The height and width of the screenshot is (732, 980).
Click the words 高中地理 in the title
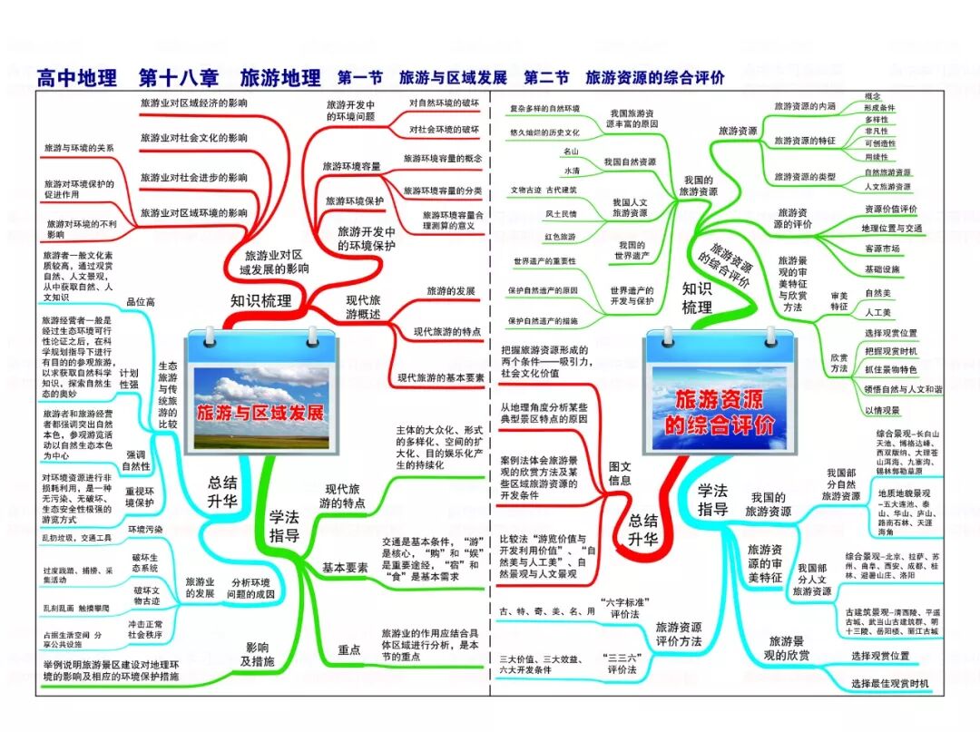77,78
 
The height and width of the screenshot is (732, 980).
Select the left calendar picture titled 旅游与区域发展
260,395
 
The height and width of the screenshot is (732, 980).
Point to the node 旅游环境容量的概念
444,157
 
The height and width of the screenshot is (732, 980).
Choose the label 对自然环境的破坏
444,102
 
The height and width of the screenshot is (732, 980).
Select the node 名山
571,151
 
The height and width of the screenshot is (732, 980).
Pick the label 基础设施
882,269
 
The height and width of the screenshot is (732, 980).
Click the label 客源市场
881,249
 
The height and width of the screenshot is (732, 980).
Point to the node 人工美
878,312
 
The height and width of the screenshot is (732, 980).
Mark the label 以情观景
881,410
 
